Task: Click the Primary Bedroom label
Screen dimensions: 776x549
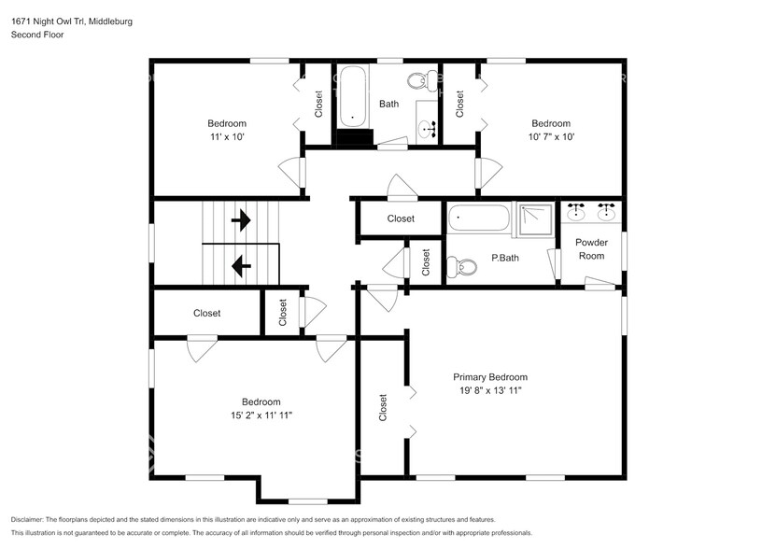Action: point(490,377)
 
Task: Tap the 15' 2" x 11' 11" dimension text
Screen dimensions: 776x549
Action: point(261,415)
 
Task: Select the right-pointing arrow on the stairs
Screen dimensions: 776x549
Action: point(241,219)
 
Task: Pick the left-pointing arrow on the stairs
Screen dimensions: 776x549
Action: point(241,266)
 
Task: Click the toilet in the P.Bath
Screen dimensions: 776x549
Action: point(461,267)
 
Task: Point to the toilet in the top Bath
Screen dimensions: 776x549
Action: point(419,80)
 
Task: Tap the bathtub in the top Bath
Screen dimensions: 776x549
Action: point(353,96)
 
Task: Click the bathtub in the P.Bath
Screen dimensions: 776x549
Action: point(478,218)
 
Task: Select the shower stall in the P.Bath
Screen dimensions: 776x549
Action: point(534,219)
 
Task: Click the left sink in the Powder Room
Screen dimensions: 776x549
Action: point(574,212)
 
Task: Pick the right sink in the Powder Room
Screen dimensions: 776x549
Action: point(606,212)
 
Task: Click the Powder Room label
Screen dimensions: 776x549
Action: point(591,249)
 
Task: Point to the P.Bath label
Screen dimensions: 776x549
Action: point(505,258)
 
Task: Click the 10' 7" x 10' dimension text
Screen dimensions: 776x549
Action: point(551,136)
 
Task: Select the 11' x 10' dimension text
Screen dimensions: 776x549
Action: point(227,136)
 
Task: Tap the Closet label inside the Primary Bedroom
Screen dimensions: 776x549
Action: point(383,407)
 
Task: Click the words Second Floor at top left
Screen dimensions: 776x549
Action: point(37,35)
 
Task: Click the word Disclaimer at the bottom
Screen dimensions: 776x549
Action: point(27,520)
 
